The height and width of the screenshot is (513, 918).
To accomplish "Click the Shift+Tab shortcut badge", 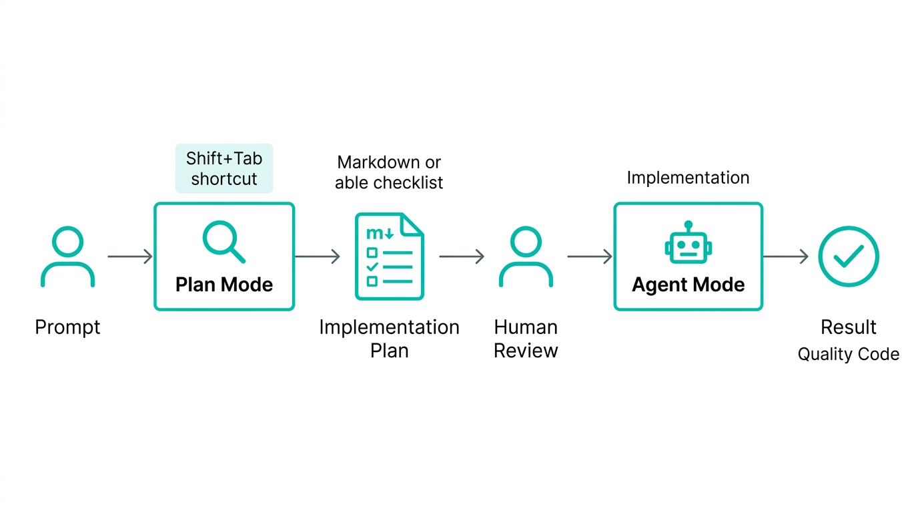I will click(224, 168).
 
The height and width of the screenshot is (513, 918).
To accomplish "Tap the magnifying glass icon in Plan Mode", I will click(224, 242).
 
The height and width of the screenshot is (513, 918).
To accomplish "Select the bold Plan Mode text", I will click(224, 285).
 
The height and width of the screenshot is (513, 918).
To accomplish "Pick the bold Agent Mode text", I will click(688, 285).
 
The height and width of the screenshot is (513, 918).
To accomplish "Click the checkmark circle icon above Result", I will click(849, 256).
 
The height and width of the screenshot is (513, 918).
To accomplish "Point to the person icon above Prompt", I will click(67, 256).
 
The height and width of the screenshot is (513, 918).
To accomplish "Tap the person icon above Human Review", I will click(526, 256).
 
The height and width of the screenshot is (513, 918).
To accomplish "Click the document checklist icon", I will click(390, 256).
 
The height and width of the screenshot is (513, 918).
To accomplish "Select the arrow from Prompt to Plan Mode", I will click(130, 256).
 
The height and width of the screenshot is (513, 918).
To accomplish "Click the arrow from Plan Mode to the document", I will click(318, 256).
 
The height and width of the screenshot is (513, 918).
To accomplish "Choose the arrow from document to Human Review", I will click(462, 256).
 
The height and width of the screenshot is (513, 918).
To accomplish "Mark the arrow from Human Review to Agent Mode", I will click(590, 256).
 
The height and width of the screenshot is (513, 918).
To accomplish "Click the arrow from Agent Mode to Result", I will click(786, 256).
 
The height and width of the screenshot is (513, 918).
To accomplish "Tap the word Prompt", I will click(67, 327).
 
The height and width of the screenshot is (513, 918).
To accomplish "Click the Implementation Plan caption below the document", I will click(390, 339).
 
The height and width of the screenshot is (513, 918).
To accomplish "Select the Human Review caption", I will click(526, 339).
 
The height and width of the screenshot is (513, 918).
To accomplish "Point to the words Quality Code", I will click(849, 354).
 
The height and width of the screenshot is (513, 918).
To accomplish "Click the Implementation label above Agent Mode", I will click(688, 178).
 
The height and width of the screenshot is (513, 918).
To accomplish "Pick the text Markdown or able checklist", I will click(389, 172).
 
